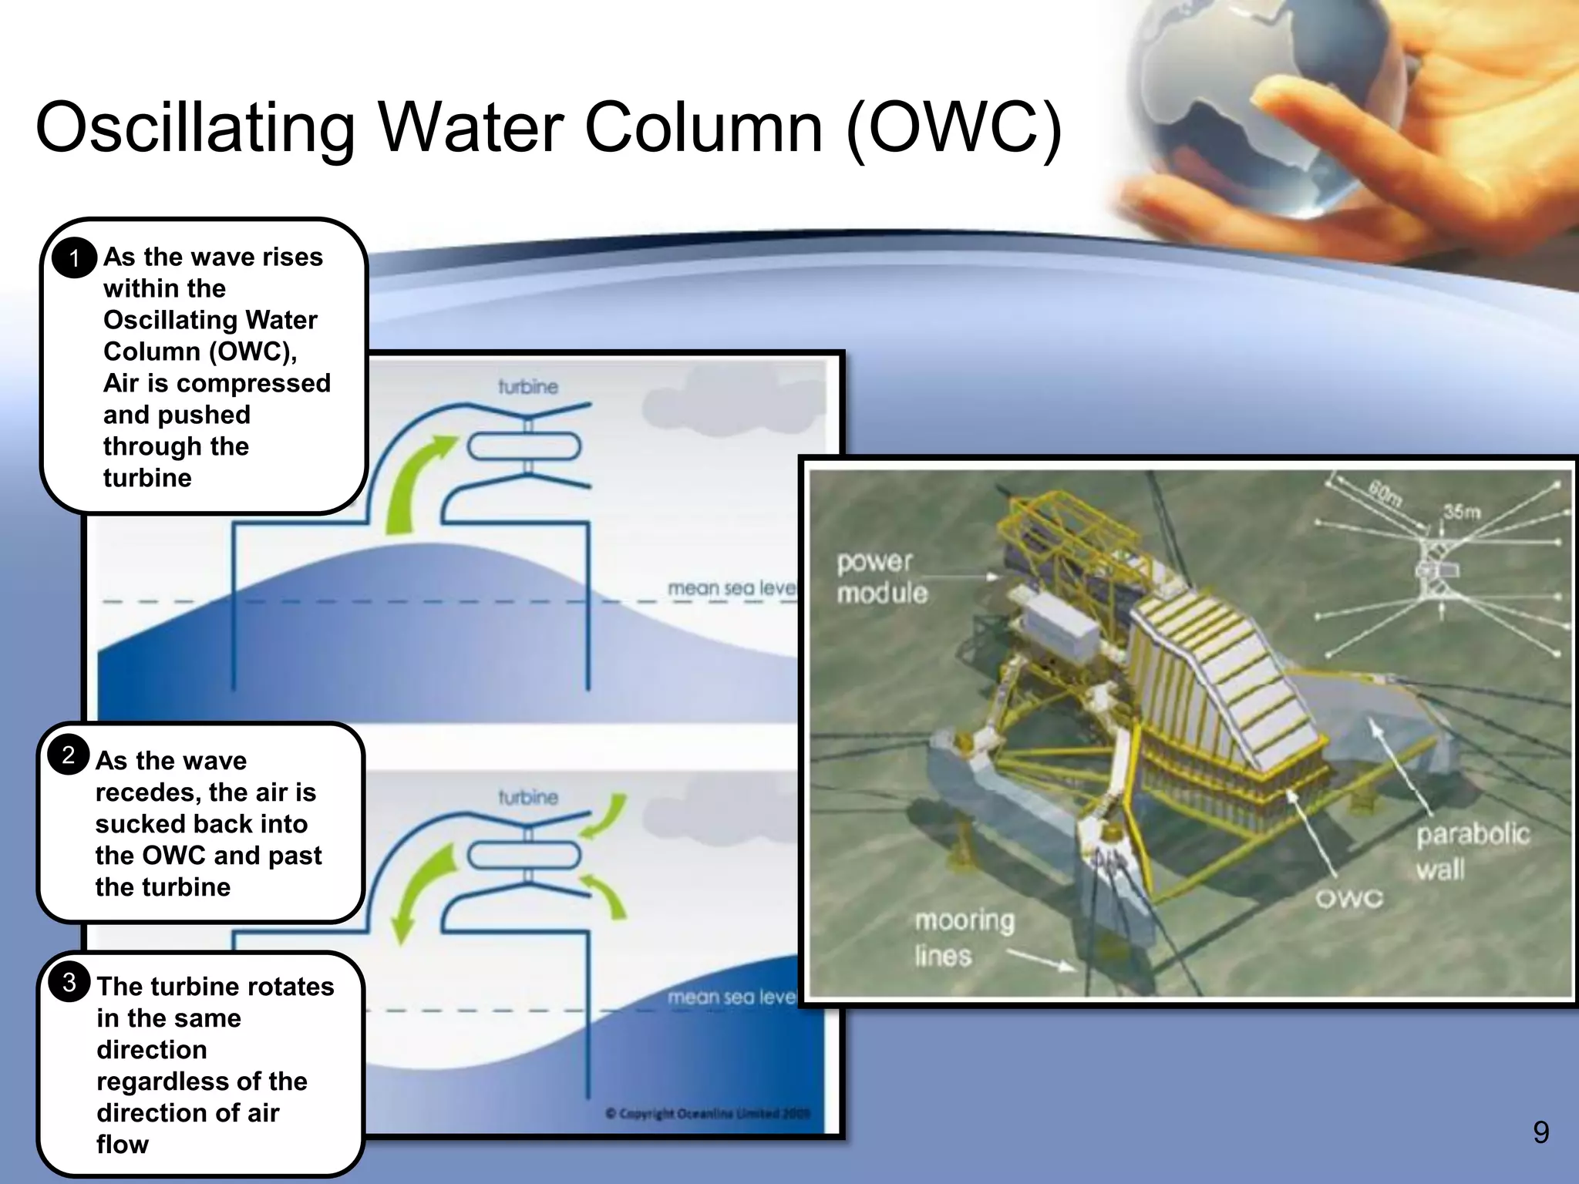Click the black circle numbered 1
(74, 258)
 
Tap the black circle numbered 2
(69, 755)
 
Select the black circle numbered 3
(69, 983)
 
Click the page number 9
(1540, 1132)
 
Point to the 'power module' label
(881, 577)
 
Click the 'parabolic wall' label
(1471, 851)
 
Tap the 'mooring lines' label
(963, 937)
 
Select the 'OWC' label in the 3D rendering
(1348, 899)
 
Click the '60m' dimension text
(1385, 493)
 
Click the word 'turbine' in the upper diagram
(527, 387)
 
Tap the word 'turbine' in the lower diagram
(527, 797)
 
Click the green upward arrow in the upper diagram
(416, 482)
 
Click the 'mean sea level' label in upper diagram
(731, 589)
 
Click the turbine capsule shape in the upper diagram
(524, 446)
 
